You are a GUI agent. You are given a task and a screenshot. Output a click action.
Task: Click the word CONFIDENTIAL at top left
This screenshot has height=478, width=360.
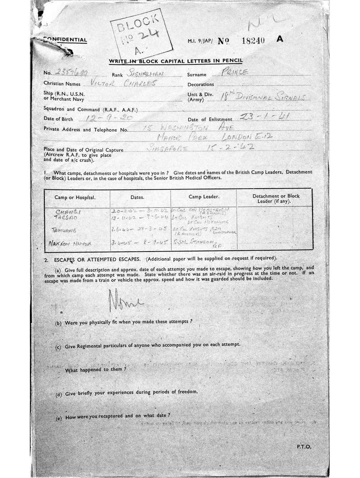coord(65,40)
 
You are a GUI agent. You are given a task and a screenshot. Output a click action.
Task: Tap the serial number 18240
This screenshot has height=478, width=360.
coord(254,40)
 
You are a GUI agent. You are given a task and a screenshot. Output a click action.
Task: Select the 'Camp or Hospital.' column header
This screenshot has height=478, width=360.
coord(75,197)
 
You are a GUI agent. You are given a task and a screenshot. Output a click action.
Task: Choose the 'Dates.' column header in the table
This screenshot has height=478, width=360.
coord(140,197)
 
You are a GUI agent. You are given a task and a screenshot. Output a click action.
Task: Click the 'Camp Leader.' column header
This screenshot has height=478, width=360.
coord(203,197)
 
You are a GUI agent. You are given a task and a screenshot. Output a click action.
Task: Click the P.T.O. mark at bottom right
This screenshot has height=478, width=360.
coord(303,447)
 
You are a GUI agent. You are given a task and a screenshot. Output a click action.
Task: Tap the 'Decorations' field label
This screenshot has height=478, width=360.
coord(201,84)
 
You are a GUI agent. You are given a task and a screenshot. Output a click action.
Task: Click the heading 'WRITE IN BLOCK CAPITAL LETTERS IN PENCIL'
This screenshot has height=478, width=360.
coord(176,61)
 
